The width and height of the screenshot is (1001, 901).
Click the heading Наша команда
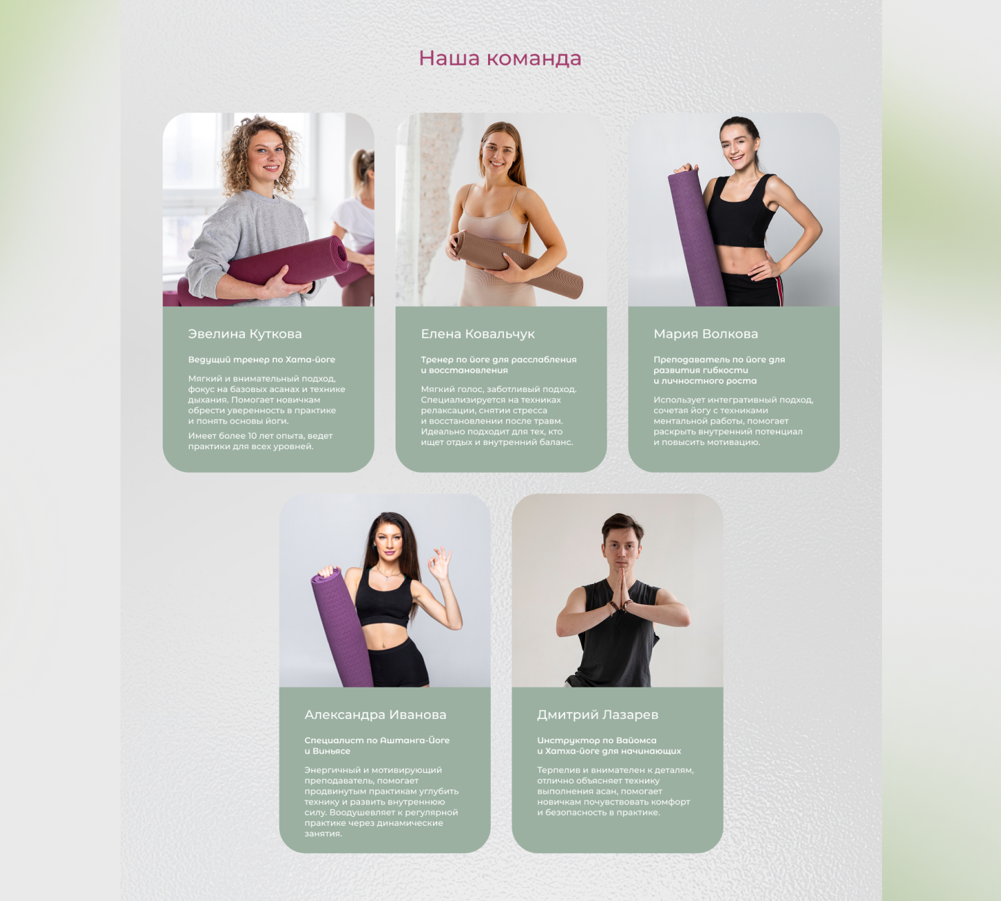[500, 58]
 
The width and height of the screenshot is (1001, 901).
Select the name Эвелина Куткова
[245, 334]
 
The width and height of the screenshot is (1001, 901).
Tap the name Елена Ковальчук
[478, 334]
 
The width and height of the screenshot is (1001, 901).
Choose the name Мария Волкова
[706, 334]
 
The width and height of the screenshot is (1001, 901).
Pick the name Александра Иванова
[375, 715]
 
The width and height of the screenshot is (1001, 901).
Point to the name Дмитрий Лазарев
[598, 715]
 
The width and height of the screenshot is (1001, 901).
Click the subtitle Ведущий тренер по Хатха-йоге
[261, 359]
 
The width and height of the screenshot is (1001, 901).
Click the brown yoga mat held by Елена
[516, 263]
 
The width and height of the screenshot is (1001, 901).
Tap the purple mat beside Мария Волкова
[696, 237]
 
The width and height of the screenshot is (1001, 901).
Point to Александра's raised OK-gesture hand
[439, 563]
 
